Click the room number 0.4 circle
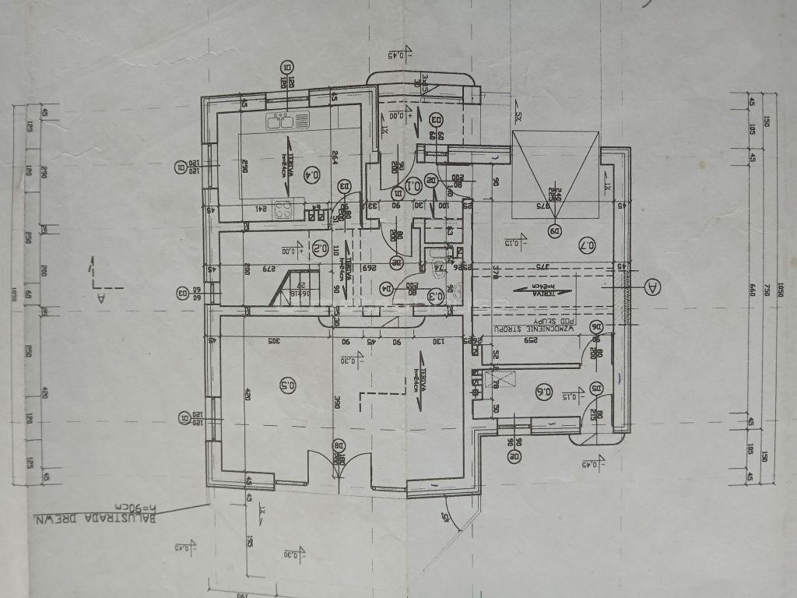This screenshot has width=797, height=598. pos(313,174)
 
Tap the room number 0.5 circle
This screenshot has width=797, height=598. pos(286,384)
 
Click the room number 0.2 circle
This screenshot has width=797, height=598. pos(319,248)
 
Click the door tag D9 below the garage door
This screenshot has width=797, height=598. pos(555,230)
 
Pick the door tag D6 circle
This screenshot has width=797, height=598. pos(597,327)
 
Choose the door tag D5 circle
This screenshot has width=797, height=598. pos(597,388)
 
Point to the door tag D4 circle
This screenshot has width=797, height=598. pos(384,288)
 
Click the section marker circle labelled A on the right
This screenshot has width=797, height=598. pos(652,287)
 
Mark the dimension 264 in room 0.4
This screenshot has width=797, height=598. pos(333,158)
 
